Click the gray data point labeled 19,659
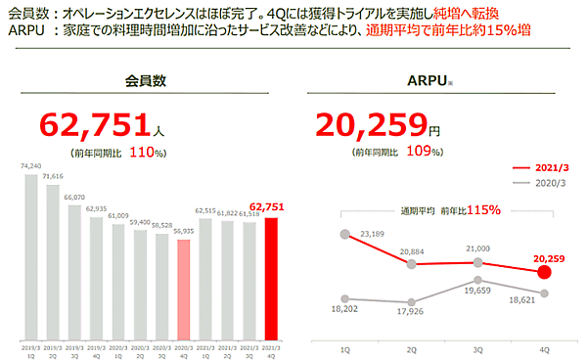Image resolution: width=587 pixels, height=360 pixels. click(478, 279)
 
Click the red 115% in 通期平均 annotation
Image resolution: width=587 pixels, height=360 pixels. click(482, 210)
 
